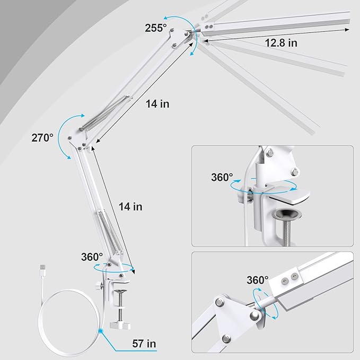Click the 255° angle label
pyautogui.click(x=156, y=28)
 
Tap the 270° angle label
pyautogui.click(x=42, y=138)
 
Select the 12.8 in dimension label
pyautogui.click(x=281, y=43)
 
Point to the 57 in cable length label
pyautogui.click(x=144, y=344)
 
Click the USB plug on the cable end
pyautogui.click(x=43, y=270)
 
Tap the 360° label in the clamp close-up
pyautogui.click(x=222, y=177)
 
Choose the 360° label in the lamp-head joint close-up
pyautogui.click(x=257, y=280)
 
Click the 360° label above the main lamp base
pyautogui.click(x=92, y=257)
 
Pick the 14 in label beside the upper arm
pyautogui.click(x=157, y=104)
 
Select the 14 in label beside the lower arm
pyautogui.click(x=130, y=207)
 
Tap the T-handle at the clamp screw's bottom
pyautogui.click(x=120, y=326)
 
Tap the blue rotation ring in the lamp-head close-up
pyautogui.click(x=265, y=303)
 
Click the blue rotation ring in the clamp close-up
pyautogui.click(x=264, y=187)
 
